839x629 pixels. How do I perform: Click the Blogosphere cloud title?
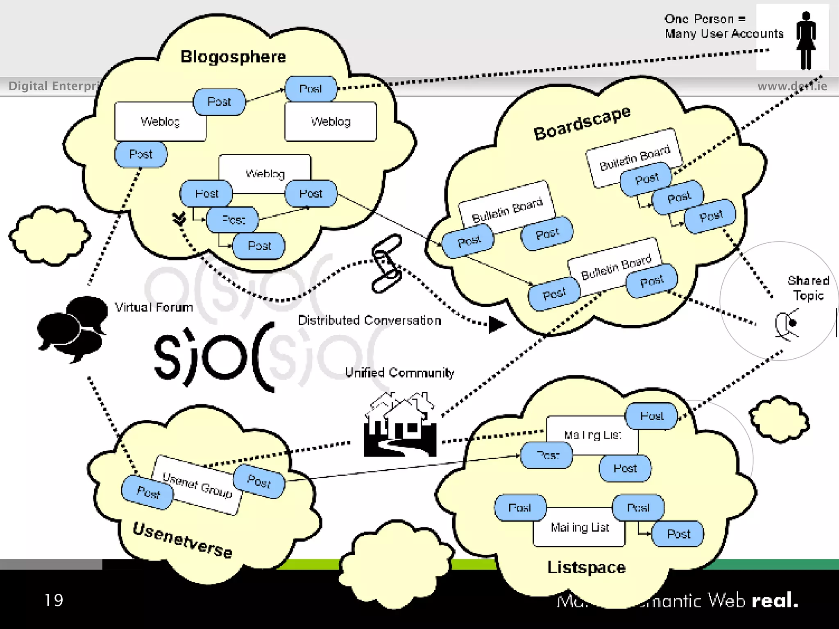click(x=233, y=57)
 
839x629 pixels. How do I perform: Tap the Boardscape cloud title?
click(x=582, y=122)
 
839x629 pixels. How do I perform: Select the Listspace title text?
click(x=586, y=567)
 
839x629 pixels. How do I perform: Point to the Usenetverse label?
click(x=183, y=540)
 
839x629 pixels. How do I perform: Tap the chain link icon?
click(x=386, y=263)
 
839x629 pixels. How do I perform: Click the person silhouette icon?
click(x=806, y=40)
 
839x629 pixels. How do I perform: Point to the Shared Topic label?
click(x=808, y=288)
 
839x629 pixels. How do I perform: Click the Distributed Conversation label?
click(x=370, y=320)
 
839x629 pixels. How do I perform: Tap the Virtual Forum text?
click(x=154, y=307)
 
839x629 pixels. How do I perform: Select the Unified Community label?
click(x=399, y=373)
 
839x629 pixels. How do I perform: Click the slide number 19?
click(x=54, y=600)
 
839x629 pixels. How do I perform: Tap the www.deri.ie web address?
click(x=792, y=86)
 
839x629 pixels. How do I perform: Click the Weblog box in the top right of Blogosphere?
click(x=331, y=122)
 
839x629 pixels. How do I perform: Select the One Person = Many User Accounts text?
click(x=724, y=26)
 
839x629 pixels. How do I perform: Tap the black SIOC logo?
click(x=213, y=356)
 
